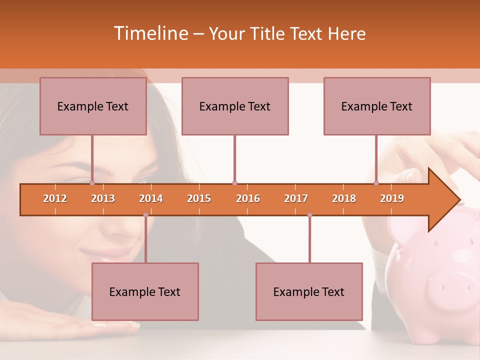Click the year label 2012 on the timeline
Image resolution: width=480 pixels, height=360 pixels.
(55, 198)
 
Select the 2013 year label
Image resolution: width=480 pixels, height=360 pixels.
(103, 198)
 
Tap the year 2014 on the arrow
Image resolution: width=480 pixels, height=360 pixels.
(151, 198)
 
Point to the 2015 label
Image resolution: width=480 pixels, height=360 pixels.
(199, 198)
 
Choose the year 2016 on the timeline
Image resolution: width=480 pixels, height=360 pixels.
(248, 198)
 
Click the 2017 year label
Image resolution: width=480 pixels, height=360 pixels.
(296, 198)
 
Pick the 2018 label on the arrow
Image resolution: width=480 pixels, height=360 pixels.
(344, 198)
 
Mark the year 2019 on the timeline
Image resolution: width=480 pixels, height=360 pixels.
(392, 198)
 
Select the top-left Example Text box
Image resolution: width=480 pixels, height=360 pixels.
(93, 106)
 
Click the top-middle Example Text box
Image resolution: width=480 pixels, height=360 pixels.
(235, 106)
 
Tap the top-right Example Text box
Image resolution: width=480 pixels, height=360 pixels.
(377, 106)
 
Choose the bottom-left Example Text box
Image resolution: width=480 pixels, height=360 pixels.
(145, 291)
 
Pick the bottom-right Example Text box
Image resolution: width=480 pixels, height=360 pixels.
(309, 291)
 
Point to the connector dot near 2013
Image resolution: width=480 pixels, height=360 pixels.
(92, 183)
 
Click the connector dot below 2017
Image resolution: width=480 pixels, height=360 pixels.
(309, 215)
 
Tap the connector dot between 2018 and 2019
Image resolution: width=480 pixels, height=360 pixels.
(376, 183)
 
